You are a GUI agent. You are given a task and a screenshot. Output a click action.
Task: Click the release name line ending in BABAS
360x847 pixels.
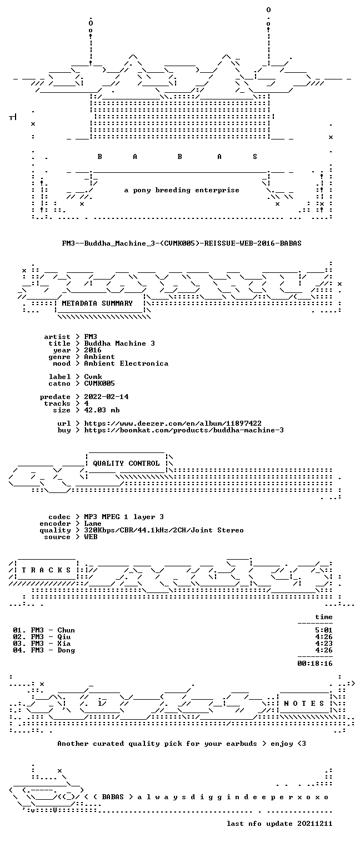click(182, 243)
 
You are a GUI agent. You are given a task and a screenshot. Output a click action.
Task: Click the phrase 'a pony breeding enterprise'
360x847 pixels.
click(182, 190)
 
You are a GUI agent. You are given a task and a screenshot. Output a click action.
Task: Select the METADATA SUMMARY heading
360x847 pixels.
click(97, 303)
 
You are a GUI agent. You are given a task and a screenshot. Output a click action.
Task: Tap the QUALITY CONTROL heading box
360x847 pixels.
click(126, 463)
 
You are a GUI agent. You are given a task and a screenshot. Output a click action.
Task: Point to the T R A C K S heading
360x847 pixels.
click(47, 570)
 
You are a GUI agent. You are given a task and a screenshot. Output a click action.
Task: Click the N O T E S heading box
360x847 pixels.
click(304, 703)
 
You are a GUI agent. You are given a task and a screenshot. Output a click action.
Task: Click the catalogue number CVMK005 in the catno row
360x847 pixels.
click(99, 383)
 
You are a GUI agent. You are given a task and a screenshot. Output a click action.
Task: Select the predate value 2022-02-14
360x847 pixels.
click(106, 397)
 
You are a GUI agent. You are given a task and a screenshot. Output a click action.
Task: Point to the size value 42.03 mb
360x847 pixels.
click(102, 410)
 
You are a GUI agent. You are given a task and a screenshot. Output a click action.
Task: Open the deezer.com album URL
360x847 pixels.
click(173, 423)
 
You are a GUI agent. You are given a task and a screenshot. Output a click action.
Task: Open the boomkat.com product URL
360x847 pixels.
click(184, 430)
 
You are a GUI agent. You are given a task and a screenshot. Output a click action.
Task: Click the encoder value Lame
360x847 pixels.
click(93, 524)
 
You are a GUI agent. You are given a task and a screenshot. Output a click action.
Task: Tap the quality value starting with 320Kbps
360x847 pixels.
click(164, 530)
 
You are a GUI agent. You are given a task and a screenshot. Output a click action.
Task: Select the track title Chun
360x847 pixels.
click(66, 630)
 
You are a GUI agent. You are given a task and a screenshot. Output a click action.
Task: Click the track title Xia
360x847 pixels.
click(64, 643)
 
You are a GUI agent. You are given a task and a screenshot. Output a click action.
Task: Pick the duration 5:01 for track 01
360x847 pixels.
click(324, 630)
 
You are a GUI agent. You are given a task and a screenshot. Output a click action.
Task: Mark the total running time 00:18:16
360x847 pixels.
click(315, 663)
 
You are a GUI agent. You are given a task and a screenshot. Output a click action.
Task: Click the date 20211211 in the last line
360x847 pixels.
click(315, 823)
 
